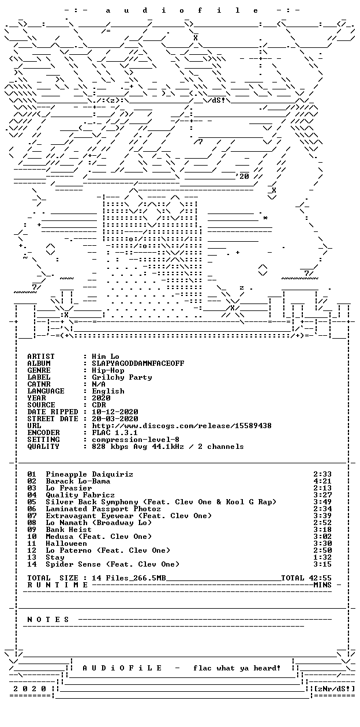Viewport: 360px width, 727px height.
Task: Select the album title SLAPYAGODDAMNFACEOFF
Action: (x=138, y=363)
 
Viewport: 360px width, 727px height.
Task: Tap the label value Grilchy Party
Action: (x=122, y=377)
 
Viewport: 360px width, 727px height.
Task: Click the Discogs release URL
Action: (x=182, y=425)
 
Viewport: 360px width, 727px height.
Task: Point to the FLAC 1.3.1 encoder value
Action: (x=115, y=433)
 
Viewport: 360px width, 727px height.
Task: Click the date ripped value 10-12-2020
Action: (x=115, y=412)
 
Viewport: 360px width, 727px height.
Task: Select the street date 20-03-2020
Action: (x=115, y=419)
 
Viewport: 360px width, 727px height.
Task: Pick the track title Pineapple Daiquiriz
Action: (x=89, y=474)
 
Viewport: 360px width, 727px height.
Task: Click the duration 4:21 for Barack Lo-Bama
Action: (x=322, y=481)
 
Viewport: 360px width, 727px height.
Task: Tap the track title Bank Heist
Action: (x=69, y=529)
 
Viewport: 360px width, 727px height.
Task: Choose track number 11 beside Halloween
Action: (x=32, y=544)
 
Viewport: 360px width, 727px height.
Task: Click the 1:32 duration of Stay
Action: (x=322, y=557)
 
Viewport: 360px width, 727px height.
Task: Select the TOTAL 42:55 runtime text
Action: (x=306, y=578)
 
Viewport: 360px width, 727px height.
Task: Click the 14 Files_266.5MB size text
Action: (x=129, y=578)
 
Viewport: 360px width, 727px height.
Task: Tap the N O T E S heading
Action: (x=48, y=620)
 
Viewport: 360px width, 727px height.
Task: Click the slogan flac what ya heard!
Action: (x=237, y=668)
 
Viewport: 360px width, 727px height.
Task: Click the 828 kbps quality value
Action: (x=110, y=447)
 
